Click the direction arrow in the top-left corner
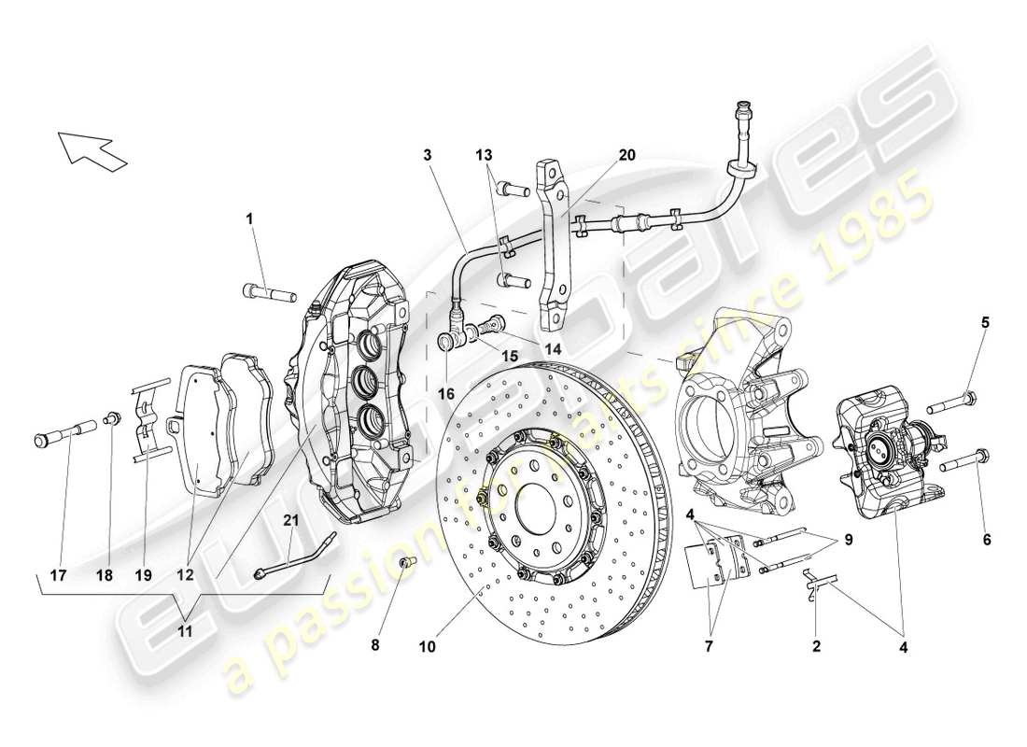91,150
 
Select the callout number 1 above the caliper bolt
249,218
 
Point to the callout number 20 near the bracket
626,155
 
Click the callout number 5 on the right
985,322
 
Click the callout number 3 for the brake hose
427,155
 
